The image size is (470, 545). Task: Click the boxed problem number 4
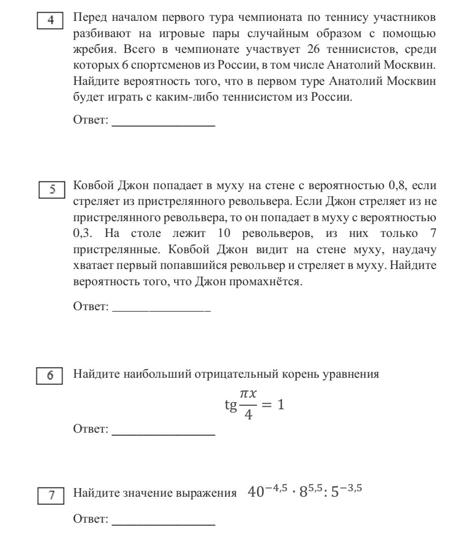(50, 21)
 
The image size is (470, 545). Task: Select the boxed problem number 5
(50, 190)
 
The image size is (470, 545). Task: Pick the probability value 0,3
(82, 234)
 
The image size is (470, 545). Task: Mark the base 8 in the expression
(303, 493)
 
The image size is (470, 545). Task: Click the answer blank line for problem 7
(163, 524)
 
